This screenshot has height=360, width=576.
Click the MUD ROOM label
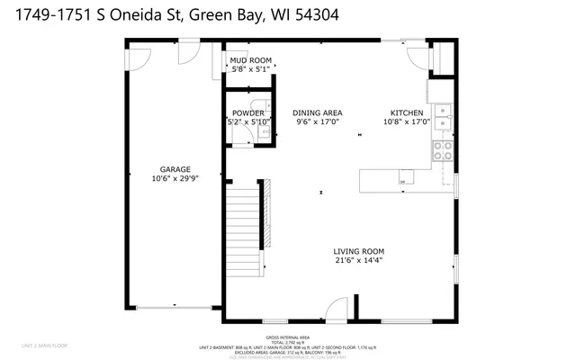point(251,60)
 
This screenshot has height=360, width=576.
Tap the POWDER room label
point(247,113)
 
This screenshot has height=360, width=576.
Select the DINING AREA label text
point(316,113)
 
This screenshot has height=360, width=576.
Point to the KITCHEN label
point(407,113)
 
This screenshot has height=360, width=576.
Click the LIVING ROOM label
point(359,252)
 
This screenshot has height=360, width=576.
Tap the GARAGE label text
point(175,169)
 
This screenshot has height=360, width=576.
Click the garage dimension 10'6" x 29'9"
point(175,178)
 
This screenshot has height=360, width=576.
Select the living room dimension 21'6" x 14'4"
point(359,261)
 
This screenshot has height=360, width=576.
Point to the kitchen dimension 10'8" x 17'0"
point(407,121)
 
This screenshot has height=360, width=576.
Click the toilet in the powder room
point(256,104)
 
